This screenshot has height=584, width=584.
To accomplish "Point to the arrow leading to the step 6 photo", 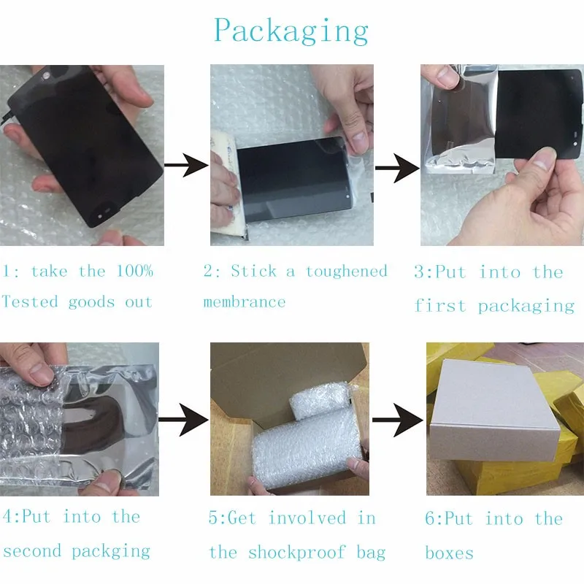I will coord(398,419).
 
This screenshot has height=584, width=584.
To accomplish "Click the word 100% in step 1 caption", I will coord(134,272).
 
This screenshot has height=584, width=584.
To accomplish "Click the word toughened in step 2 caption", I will coord(346,272).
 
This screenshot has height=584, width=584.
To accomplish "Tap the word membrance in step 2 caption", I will coord(244,301).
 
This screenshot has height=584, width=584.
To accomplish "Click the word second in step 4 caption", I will coord(34,550).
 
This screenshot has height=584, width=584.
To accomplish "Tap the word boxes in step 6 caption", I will coord(449,552).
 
